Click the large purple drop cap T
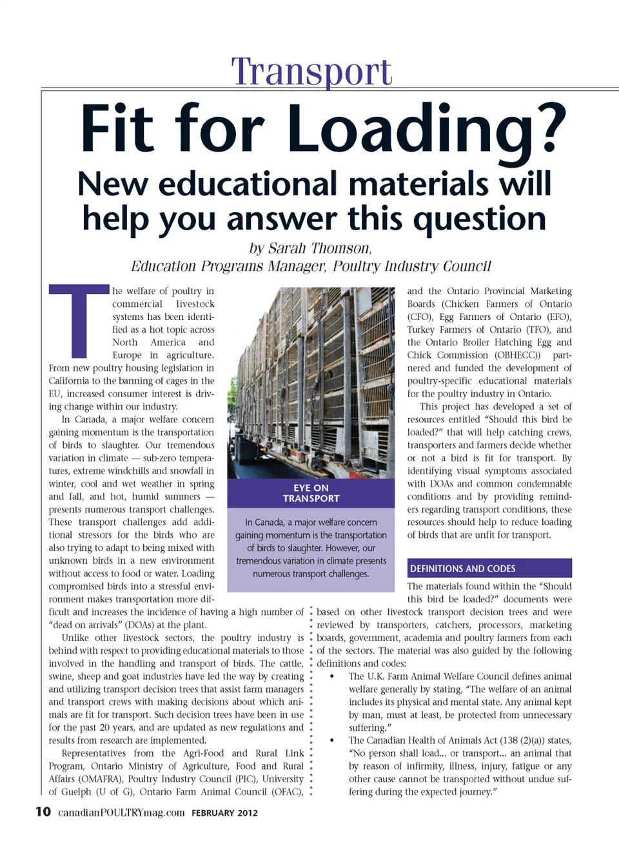[79, 321]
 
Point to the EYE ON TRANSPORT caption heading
[311, 493]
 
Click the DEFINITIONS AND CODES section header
[463, 568]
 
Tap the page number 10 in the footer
[43, 811]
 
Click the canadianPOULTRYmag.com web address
[121, 813]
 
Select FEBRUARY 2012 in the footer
[224, 813]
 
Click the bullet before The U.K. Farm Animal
[332, 677]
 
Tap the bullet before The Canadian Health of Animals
[332, 741]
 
